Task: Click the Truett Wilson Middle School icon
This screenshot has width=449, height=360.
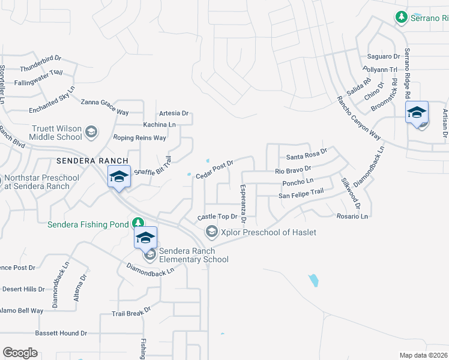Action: [91, 131]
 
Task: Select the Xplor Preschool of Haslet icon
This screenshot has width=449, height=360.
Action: [211, 232]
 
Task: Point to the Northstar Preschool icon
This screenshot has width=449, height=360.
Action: [2, 179]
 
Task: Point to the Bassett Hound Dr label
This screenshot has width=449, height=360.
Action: [61, 333]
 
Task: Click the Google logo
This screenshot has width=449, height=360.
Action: [20, 353]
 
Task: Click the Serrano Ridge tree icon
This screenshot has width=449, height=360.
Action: [402, 18]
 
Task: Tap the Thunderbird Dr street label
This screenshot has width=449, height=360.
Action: [41, 64]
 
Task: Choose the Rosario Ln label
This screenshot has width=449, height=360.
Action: [352, 216]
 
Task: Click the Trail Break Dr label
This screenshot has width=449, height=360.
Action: [131, 312]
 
